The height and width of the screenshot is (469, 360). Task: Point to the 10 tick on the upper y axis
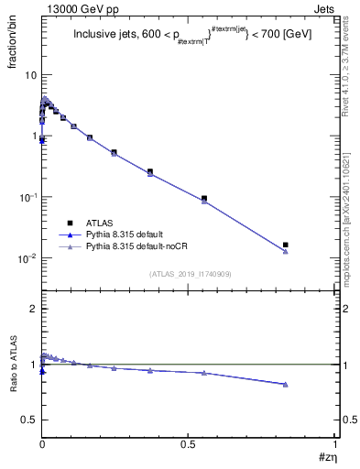30,74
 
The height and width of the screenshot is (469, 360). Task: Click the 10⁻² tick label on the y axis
27,258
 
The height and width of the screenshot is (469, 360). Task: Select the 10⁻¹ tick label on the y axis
27,197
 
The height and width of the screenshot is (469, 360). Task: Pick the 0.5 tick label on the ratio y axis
27,420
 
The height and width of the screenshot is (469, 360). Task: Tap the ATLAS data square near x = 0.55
204,198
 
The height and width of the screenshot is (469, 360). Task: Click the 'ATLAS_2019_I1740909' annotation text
189,274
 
